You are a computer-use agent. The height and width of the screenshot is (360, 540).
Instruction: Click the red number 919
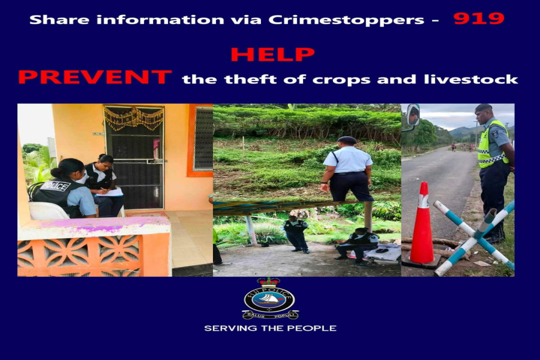[479, 18]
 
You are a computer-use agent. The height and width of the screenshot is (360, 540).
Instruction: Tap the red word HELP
[272, 55]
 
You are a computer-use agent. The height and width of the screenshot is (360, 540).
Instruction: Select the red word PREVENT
[95, 77]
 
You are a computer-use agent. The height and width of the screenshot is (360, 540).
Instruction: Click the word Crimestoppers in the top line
[346, 20]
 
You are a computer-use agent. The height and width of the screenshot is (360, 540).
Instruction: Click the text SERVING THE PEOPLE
[271, 328]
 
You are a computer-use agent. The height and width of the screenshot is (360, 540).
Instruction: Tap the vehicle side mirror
[413, 115]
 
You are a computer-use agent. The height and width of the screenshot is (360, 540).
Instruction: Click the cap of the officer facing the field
[346, 140]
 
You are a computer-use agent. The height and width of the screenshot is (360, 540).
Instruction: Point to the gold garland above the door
[134, 118]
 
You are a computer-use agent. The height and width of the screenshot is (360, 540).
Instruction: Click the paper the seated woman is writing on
[110, 193]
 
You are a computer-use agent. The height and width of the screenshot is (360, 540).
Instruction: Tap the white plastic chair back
[48, 211]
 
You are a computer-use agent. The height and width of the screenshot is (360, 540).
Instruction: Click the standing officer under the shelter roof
[296, 235]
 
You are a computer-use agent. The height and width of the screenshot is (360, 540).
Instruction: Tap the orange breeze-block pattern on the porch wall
[80, 256]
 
